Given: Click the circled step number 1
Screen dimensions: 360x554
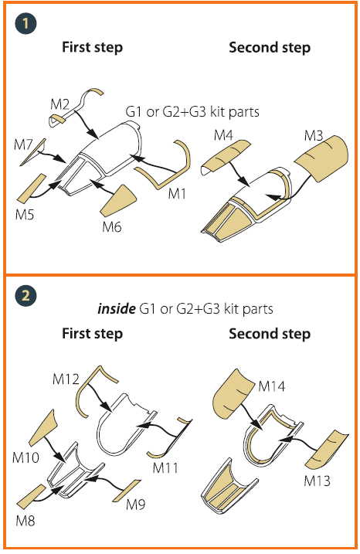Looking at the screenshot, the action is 25,24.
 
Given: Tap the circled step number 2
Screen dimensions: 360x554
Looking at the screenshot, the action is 25,295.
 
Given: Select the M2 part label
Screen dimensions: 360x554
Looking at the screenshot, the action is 59,104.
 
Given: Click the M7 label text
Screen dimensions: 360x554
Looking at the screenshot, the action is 23,144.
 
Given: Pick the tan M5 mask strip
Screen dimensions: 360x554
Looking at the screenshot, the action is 32,189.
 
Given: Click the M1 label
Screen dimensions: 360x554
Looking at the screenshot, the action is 177,193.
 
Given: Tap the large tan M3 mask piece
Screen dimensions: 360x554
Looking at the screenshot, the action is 322,158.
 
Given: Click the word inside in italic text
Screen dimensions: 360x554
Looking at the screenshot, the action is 116,309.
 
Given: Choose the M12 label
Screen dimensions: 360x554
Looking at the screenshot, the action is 66,379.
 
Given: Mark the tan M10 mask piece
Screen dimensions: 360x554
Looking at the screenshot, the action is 42,428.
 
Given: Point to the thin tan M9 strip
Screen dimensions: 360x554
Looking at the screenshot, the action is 127,491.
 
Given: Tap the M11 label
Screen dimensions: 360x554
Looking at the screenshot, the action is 165,467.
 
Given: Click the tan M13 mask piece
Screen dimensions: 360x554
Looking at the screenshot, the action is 327,450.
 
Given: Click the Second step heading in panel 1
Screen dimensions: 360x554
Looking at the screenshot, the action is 270,47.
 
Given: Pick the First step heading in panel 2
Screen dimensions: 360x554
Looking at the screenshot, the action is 92,334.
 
